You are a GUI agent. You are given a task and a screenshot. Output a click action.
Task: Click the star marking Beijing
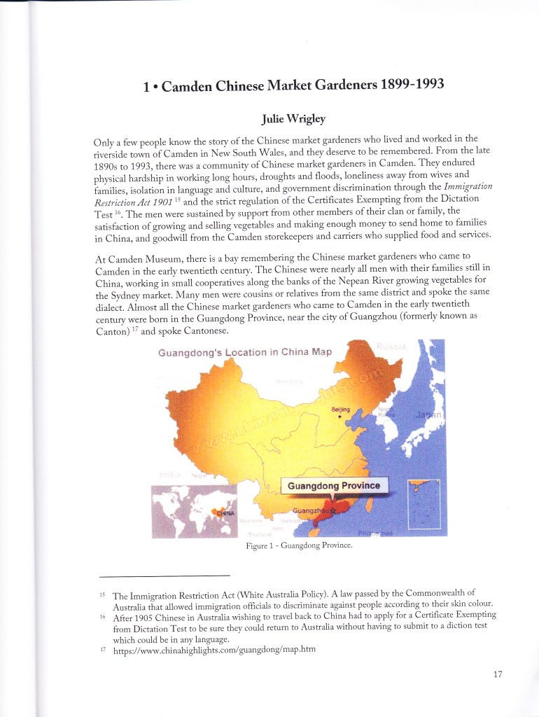tap(339, 416)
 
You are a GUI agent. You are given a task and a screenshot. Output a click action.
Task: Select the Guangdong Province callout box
tap(334, 485)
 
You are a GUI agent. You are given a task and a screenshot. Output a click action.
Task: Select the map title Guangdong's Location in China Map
tap(244, 351)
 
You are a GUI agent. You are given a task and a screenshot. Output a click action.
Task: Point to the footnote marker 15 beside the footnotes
tap(101, 593)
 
